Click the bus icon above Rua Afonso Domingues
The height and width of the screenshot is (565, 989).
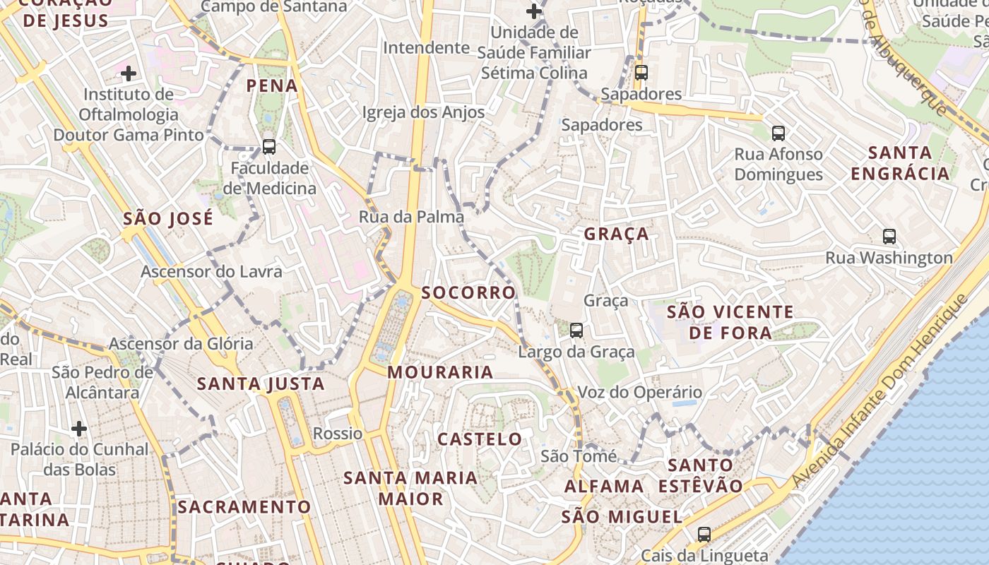click(x=778, y=133)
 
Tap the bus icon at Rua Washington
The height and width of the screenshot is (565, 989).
click(x=889, y=237)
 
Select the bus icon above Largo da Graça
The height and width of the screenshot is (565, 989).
click(x=576, y=330)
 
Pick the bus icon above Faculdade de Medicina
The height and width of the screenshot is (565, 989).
click(x=268, y=147)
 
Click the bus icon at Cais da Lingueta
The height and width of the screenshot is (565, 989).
click(x=704, y=535)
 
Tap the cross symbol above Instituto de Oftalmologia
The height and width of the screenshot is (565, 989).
click(x=129, y=73)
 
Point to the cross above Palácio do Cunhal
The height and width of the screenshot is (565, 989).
click(x=79, y=429)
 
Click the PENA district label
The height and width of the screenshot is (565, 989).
click(x=272, y=86)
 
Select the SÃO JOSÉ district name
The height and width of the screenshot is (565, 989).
click(x=168, y=219)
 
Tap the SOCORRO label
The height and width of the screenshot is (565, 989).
click(x=469, y=292)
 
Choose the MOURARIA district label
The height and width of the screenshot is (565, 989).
click(x=440, y=372)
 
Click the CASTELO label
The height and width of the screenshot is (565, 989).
click(x=480, y=439)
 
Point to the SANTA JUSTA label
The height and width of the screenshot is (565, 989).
click(x=261, y=384)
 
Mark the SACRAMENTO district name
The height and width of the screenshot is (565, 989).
click(x=244, y=507)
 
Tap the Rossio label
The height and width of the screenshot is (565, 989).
click(x=338, y=434)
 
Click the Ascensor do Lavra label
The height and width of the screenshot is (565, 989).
click(x=211, y=272)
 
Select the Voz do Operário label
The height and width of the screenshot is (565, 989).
click(x=640, y=393)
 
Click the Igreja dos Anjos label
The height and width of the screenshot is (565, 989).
click(x=423, y=112)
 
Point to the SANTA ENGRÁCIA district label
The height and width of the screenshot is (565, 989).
click(x=900, y=163)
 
